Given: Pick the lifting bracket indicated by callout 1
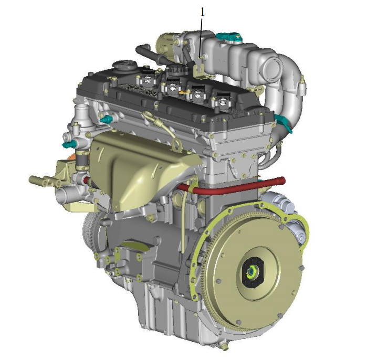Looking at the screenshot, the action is (199, 68).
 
